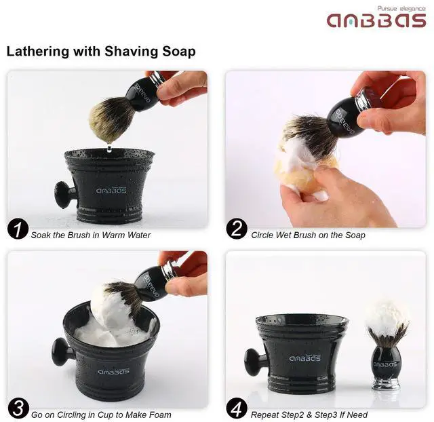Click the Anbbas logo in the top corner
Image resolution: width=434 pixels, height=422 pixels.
[376, 20]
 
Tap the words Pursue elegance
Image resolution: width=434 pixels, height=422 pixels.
[401, 9]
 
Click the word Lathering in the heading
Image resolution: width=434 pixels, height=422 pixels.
[38, 52]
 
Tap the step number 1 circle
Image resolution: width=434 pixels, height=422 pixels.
[18, 229]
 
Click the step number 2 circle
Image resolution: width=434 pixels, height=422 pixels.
[237, 229]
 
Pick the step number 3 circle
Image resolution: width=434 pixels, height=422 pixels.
[18, 408]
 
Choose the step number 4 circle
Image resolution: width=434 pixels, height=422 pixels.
[237, 408]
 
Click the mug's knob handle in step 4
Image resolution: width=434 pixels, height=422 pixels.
[254, 362]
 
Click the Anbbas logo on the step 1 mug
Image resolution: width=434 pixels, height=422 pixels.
[111, 191]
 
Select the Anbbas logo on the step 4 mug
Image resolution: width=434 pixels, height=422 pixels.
[304, 358]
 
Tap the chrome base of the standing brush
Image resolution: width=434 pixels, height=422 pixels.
[383, 383]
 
